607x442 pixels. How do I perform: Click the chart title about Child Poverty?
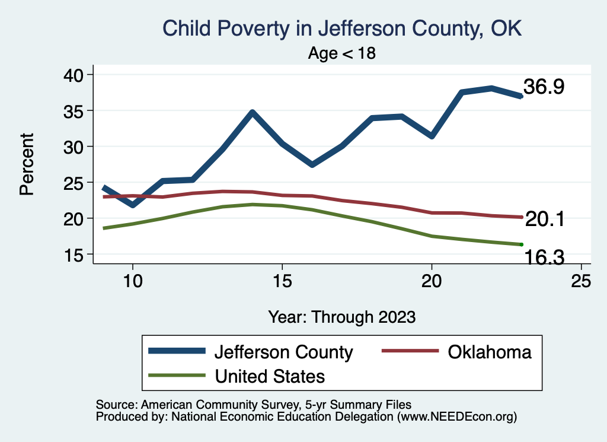click(342, 28)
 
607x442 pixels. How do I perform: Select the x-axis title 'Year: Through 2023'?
click(342, 316)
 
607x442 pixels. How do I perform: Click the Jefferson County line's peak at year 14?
click(253, 112)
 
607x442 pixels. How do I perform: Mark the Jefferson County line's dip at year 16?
click(312, 164)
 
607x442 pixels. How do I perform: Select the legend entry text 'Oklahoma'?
click(489, 352)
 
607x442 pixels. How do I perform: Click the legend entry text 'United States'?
click(270, 376)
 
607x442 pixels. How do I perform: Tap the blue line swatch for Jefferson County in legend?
click(177, 352)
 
